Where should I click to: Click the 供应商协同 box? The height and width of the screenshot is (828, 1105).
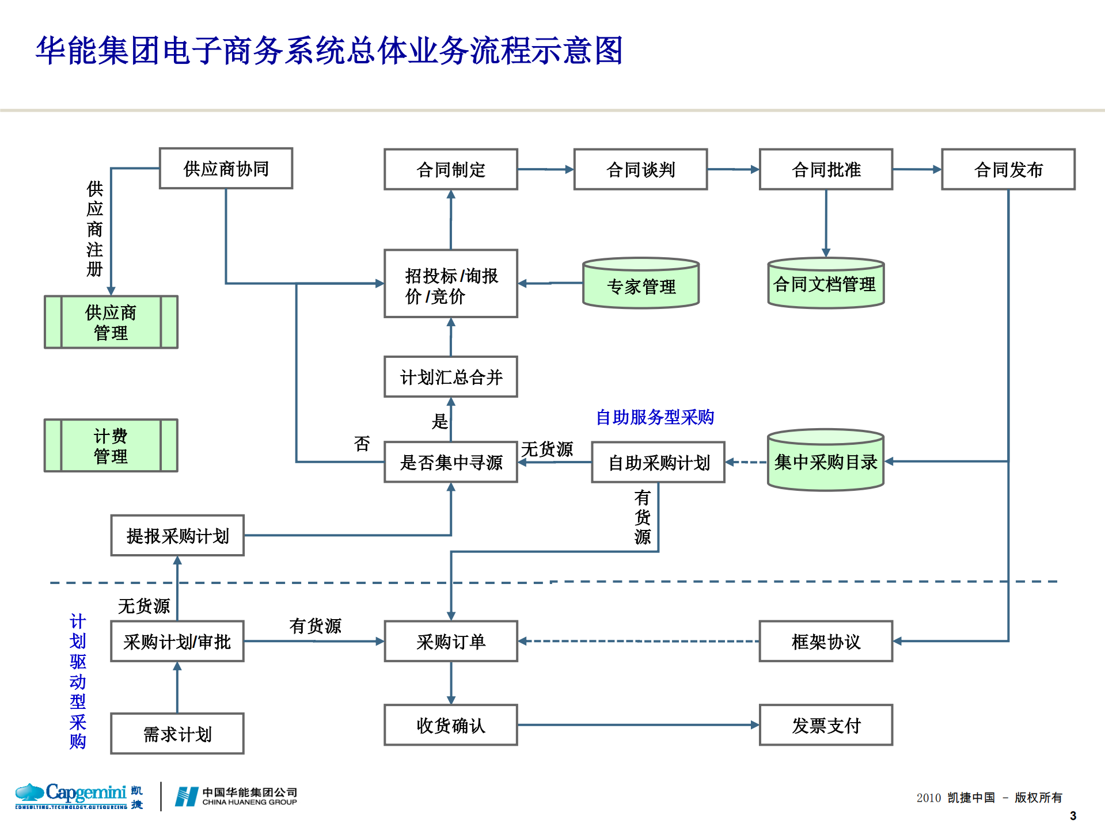[x=226, y=169]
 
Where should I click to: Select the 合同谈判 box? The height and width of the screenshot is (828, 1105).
[x=640, y=169]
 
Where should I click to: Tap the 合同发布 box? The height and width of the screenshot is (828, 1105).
[x=1008, y=169]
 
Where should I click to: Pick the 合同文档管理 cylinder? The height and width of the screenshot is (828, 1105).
[x=825, y=284]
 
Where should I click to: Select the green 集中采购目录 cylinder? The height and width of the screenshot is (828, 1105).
[x=825, y=461]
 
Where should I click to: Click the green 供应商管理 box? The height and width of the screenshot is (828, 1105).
[x=111, y=322]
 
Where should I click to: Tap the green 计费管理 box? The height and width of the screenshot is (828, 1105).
[x=111, y=446]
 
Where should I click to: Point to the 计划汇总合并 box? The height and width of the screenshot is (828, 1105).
[x=451, y=377]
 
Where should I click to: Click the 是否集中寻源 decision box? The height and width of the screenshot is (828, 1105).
[x=451, y=462]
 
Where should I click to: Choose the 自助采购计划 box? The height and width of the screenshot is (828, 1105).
[x=658, y=462]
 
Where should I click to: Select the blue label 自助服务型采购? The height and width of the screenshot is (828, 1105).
[x=655, y=417]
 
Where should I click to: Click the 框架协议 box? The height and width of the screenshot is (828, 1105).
[x=826, y=641]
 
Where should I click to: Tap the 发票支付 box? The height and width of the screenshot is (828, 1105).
[x=826, y=725]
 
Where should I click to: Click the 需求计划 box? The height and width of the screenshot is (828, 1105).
[x=177, y=734]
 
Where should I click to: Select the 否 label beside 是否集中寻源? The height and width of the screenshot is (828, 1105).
[x=362, y=444]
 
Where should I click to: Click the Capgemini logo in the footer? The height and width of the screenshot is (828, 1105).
[x=78, y=796]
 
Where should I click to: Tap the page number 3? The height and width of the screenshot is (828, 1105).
[x=1073, y=816]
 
